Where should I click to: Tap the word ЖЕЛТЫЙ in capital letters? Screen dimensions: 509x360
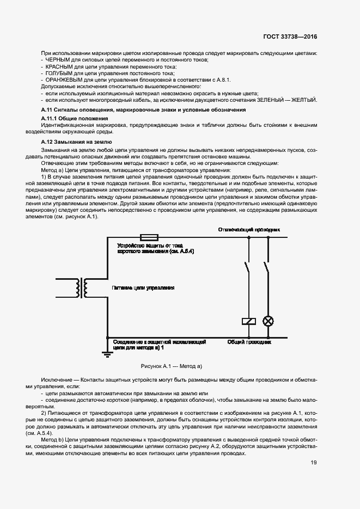pyautogui.click(x=304, y=100)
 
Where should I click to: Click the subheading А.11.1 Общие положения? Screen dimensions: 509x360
pyautogui.click(x=75, y=118)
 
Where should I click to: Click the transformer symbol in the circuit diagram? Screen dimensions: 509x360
pyautogui.click(x=83, y=289)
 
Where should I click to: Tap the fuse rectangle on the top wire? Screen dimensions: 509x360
pyautogui.click(x=149, y=237)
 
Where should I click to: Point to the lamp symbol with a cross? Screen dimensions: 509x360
pyautogui.click(x=267, y=321)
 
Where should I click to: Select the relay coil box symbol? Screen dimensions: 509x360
pyautogui.click(x=248, y=321)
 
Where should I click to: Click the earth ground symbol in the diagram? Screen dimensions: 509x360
pyautogui.click(x=107, y=354)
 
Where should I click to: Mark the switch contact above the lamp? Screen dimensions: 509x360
pyautogui.click(x=267, y=268)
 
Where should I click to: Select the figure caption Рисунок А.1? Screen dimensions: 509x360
pyautogui.click(x=172, y=366)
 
